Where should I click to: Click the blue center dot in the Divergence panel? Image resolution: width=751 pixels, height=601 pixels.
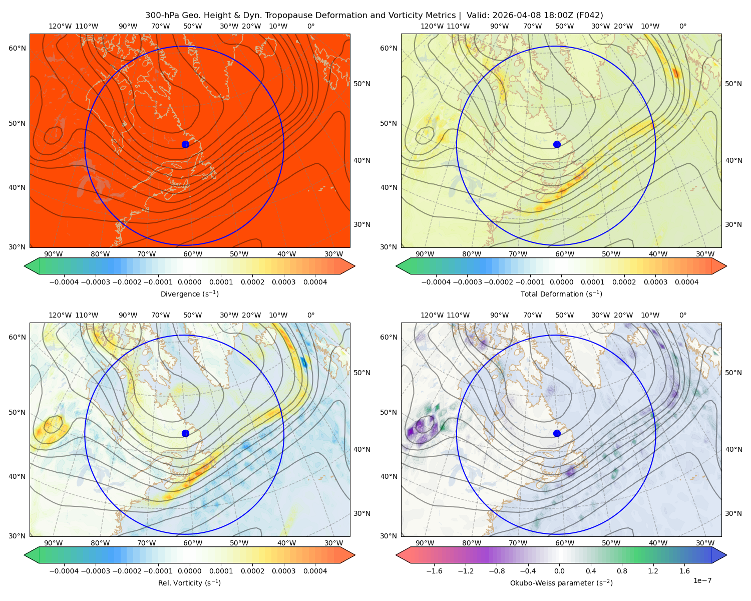click(x=185, y=144)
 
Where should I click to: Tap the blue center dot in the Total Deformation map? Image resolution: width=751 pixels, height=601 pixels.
click(x=557, y=144)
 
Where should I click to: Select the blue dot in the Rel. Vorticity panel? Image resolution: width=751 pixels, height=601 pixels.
click(x=185, y=433)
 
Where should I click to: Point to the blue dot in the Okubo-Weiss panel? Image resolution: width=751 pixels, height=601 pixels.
click(x=557, y=433)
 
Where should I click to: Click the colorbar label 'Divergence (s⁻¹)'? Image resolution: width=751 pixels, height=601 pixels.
click(x=189, y=293)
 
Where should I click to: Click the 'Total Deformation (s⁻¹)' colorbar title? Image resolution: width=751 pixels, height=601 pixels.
click(x=561, y=293)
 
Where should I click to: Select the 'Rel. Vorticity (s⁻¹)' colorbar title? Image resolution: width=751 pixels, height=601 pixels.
click(x=189, y=582)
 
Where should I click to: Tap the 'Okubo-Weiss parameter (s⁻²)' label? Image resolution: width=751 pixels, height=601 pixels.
click(x=561, y=582)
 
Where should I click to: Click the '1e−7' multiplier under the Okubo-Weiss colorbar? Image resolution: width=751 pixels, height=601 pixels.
click(x=702, y=580)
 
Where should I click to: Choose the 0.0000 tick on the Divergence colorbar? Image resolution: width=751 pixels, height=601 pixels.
click(x=189, y=282)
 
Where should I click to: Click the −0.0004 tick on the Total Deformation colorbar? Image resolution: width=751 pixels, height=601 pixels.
click(x=436, y=282)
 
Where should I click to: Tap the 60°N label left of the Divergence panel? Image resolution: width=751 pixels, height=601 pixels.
click(x=17, y=48)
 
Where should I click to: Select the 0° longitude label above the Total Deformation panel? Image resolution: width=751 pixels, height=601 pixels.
click(x=682, y=26)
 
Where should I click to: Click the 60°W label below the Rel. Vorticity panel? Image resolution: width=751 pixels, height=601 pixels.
click(x=193, y=543)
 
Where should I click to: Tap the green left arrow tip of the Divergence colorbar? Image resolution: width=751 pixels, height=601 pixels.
click(x=25, y=266)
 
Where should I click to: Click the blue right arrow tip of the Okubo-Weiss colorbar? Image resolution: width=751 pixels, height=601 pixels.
click(x=726, y=555)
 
